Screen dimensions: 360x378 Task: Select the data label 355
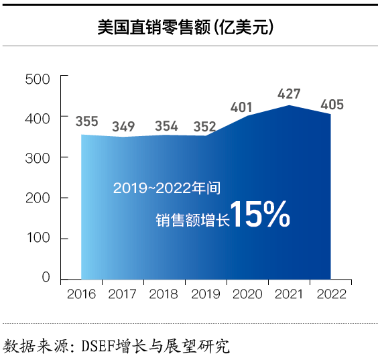click(86, 122)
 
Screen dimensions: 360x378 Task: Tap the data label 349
click(123, 126)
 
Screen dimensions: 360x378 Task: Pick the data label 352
click(204, 126)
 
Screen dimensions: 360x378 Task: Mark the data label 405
click(332, 105)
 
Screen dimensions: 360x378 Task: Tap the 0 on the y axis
click(46, 277)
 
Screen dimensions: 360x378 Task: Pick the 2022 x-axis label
click(332, 295)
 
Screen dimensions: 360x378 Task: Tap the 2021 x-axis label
click(290, 295)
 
